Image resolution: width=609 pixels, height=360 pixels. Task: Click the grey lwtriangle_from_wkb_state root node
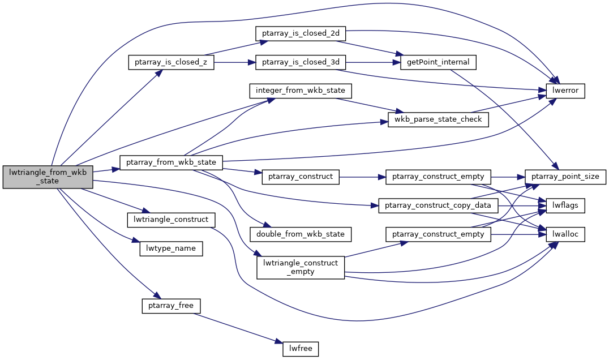(48, 177)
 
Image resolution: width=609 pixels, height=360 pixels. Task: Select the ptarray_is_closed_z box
(171, 62)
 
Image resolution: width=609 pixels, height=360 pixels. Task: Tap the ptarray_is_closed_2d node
(300, 33)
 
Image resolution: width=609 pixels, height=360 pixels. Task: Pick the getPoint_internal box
(438, 62)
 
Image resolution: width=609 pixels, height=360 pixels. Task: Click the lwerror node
(565, 91)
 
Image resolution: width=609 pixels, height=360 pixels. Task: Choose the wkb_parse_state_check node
(438, 119)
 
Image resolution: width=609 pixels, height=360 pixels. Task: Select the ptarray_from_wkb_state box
(171, 162)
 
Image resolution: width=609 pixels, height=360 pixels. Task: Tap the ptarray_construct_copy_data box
(438, 205)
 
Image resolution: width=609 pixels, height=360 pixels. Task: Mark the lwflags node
(565, 205)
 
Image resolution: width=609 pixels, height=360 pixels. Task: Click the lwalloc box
(565, 234)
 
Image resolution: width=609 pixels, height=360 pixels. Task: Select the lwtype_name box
(171, 248)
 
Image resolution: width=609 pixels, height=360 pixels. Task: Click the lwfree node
(301, 349)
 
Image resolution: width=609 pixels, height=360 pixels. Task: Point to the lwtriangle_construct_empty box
(301, 267)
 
